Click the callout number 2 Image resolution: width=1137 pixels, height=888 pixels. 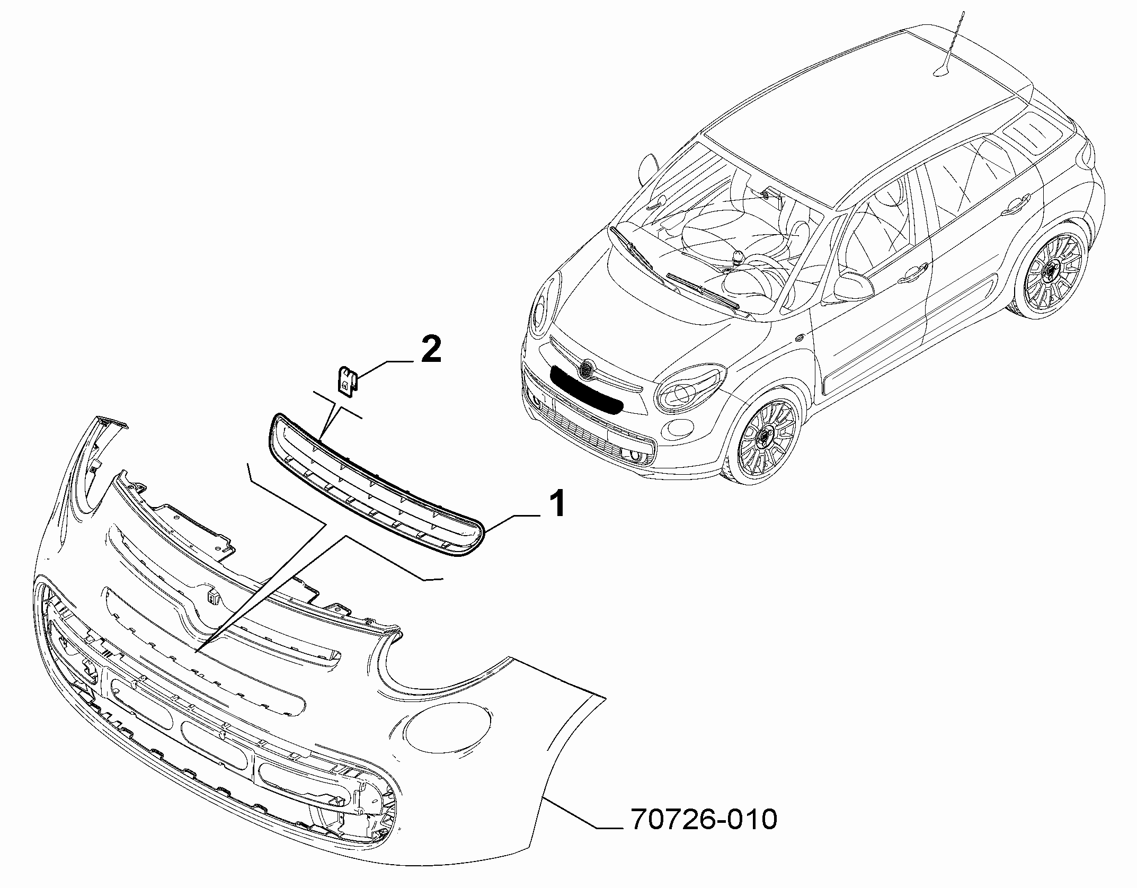click(430, 350)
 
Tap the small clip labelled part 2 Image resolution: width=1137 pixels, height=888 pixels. click(347, 380)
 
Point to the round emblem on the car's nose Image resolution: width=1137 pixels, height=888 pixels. click(587, 369)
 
